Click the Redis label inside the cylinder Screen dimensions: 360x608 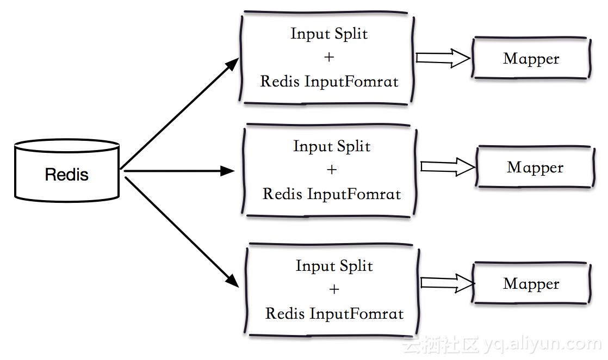click(x=66, y=175)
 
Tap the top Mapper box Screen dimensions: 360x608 click(x=531, y=59)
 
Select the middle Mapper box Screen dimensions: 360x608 click(x=535, y=167)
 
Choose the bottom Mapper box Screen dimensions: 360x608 click(x=531, y=284)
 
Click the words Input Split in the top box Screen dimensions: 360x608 click(x=329, y=34)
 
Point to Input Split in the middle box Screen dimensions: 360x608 click(x=332, y=146)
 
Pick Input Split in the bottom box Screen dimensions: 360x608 click(x=334, y=266)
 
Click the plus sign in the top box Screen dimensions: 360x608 click(x=329, y=57)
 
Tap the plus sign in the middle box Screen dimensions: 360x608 click(x=332, y=170)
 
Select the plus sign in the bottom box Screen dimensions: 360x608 click(x=334, y=289)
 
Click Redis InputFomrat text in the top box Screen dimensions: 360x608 click(x=329, y=82)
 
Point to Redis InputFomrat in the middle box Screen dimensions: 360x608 click(x=332, y=194)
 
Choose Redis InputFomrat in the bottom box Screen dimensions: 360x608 click(x=334, y=314)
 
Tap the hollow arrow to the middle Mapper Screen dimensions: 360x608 click(x=447, y=166)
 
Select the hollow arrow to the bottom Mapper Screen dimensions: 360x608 click(x=447, y=283)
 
